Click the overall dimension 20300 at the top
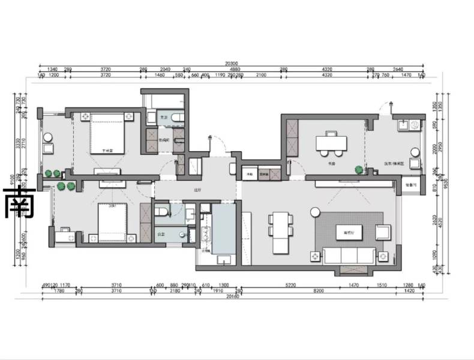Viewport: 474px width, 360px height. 231,63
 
